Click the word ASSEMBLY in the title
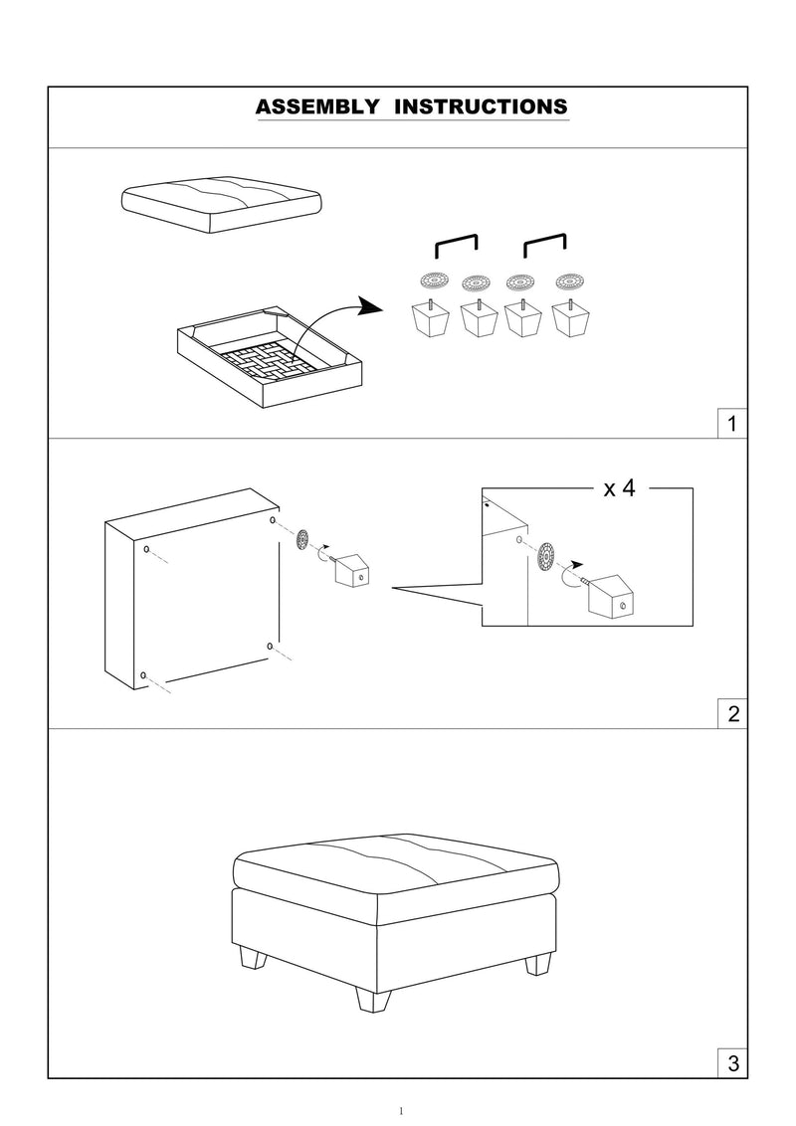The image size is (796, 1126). [317, 106]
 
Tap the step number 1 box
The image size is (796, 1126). [732, 425]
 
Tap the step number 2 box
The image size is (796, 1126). [732, 714]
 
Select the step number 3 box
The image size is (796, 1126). [732, 1063]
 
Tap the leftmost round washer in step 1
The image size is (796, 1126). [435, 280]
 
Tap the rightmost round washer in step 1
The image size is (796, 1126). [568, 280]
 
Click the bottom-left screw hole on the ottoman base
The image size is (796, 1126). [145, 676]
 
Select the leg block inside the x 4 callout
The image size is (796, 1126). [610, 597]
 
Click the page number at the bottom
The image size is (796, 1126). [398, 1111]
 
